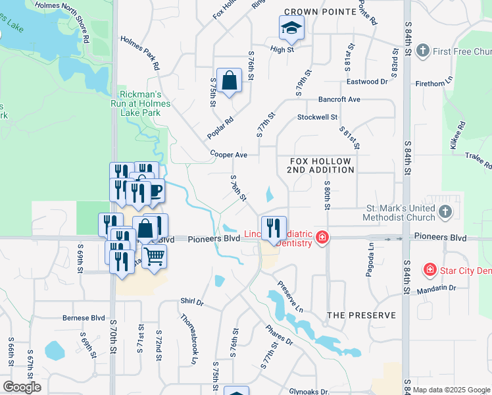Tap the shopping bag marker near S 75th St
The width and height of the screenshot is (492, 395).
click(228, 82)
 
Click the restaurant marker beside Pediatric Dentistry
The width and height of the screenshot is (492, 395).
click(273, 228)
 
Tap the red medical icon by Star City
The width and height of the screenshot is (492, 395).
click(430, 269)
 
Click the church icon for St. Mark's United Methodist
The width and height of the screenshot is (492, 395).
click(445, 212)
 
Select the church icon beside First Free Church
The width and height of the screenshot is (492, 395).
click(423, 51)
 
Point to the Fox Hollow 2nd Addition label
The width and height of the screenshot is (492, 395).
click(320, 165)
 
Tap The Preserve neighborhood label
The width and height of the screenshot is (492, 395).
click(362, 315)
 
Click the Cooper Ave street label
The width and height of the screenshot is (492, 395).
click(228, 155)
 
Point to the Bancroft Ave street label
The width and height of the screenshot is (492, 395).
click(339, 99)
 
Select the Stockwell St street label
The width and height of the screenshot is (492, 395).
click(317, 117)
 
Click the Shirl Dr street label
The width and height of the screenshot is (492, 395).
click(192, 302)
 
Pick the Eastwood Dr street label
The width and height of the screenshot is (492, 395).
click(367, 82)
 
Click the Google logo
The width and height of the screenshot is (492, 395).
click(22, 387)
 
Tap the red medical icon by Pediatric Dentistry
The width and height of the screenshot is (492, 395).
click(322, 237)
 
